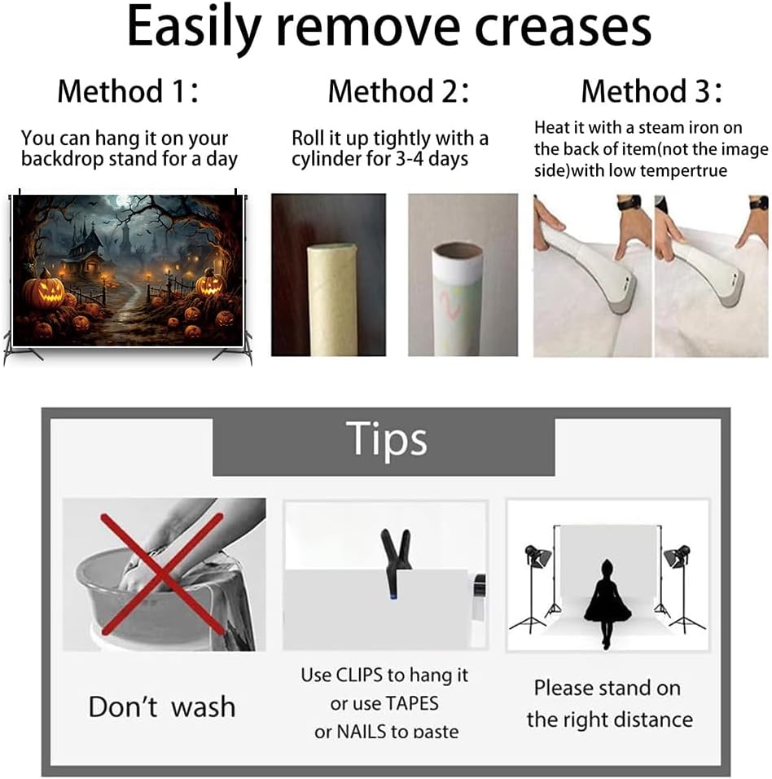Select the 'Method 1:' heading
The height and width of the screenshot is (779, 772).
(x=128, y=91)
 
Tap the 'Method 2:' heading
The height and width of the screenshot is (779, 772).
(x=399, y=91)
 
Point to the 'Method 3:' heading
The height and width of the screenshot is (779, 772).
(x=651, y=91)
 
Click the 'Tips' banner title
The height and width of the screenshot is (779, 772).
(x=386, y=438)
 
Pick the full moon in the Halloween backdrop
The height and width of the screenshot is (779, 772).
(x=122, y=201)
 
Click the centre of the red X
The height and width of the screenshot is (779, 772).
(x=162, y=574)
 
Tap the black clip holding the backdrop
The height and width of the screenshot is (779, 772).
(x=397, y=561)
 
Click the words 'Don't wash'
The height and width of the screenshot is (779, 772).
(x=162, y=706)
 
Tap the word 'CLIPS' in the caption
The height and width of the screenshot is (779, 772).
(x=359, y=676)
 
